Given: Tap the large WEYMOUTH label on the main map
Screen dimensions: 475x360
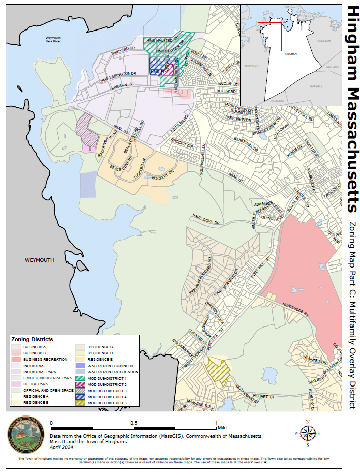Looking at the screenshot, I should click(39, 260).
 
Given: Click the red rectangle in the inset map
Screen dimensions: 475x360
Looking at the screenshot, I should click(269, 37).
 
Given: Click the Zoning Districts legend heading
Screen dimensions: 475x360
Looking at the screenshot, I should click(33, 339).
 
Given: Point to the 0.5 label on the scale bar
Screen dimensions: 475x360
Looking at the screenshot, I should click(134, 423).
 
